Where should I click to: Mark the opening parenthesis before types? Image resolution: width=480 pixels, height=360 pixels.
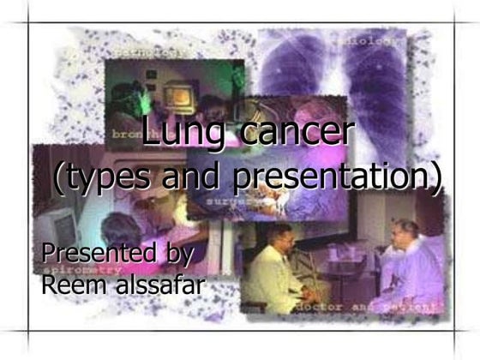[59, 177]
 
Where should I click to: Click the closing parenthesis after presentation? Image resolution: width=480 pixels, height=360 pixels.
[437, 177]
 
